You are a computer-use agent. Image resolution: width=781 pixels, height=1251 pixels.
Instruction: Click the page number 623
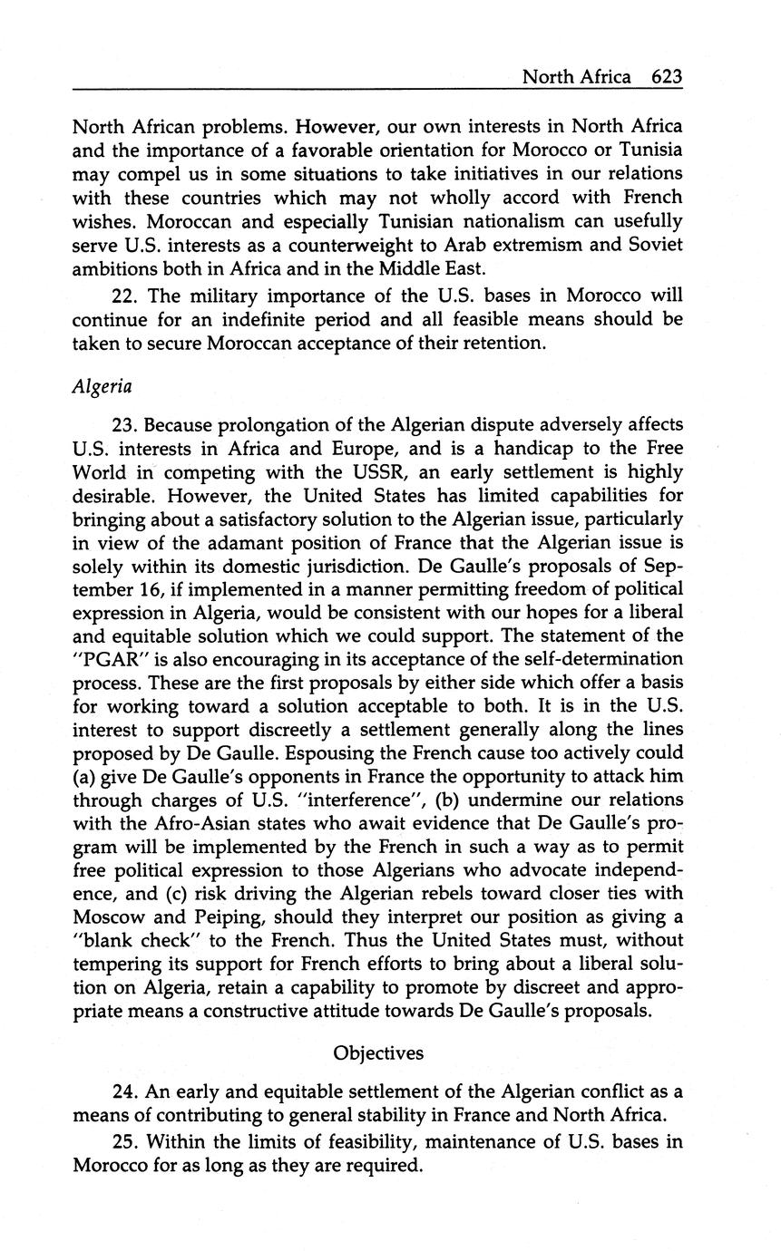[x=666, y=76]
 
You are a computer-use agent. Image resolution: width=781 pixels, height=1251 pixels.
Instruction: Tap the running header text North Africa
[x=576, y=76]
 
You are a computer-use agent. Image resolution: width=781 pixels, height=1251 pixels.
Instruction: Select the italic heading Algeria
[x=102, y=386]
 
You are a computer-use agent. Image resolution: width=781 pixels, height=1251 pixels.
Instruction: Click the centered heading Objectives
[x=378, y=1052]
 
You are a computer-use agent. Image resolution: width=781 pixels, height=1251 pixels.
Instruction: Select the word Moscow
[x=105, y=916]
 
